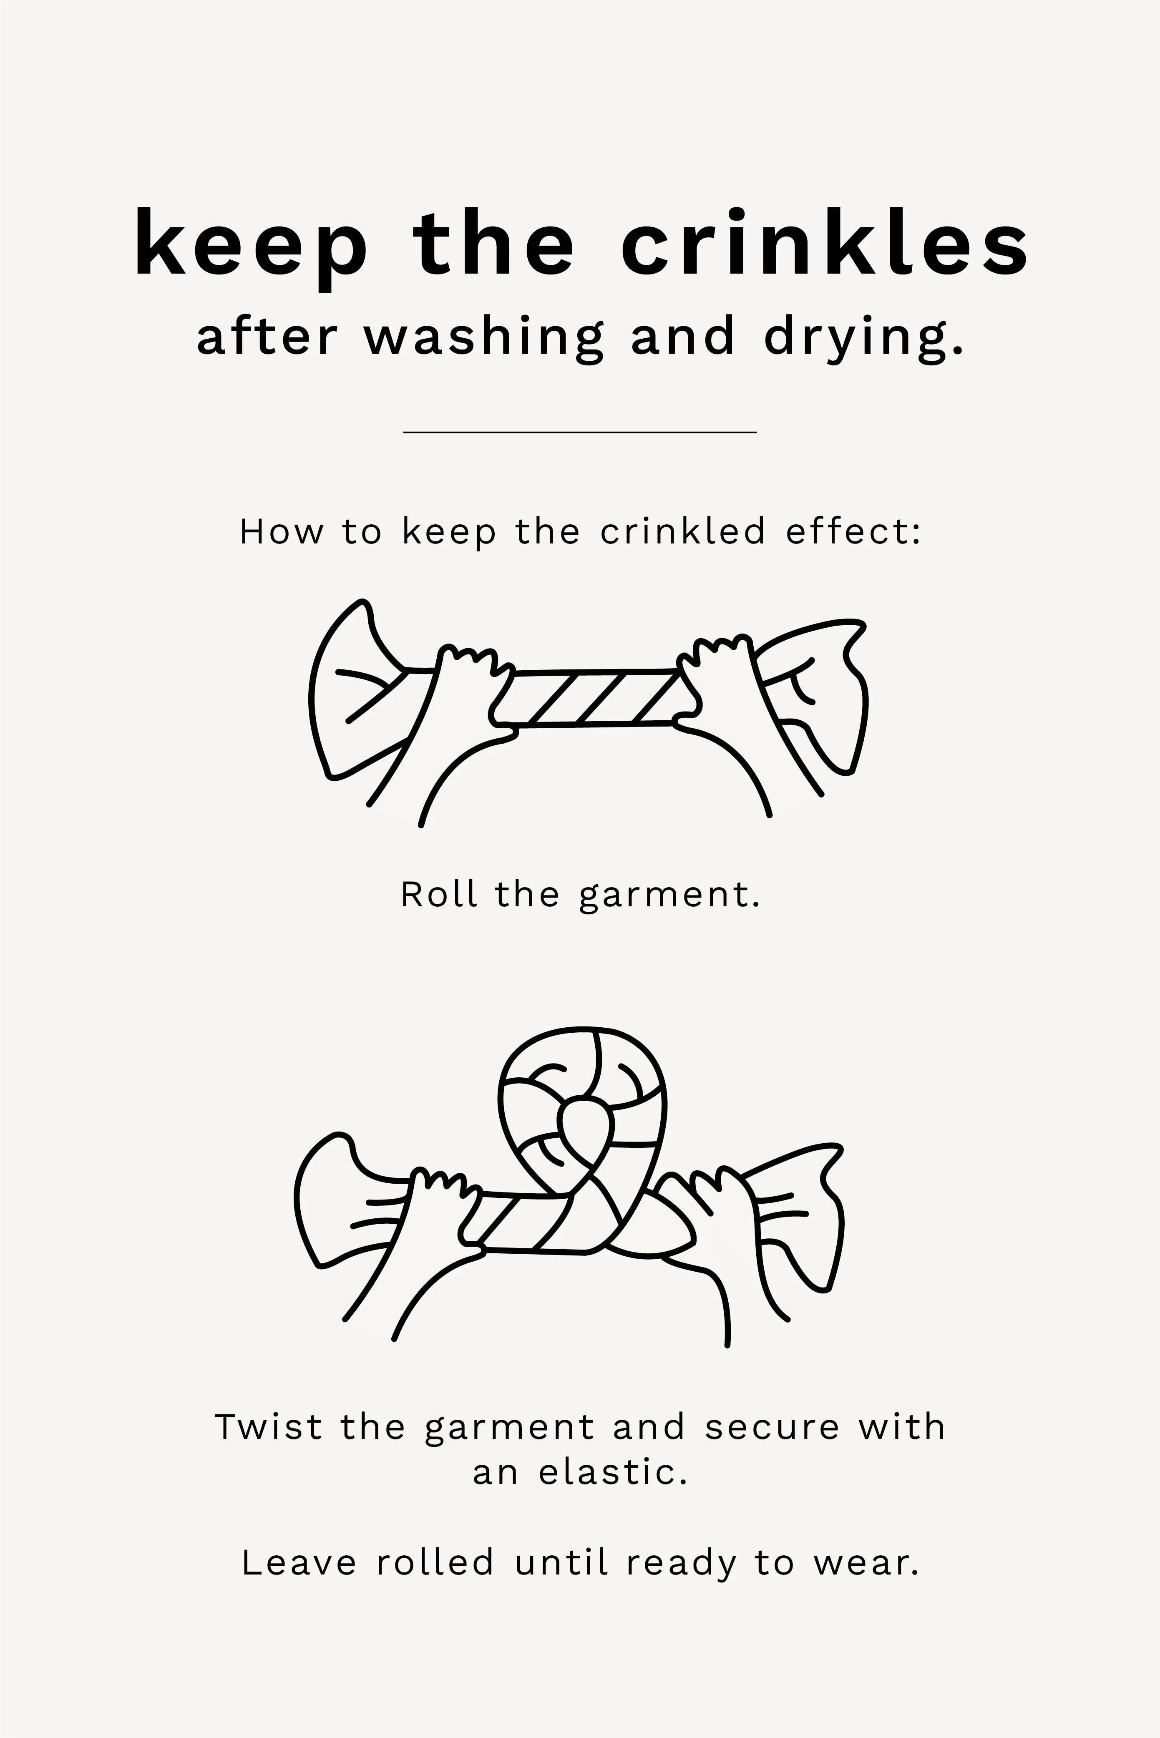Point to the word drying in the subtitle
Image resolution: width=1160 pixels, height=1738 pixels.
[864, 337]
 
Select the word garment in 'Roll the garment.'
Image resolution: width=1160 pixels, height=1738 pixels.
[669, 896]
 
